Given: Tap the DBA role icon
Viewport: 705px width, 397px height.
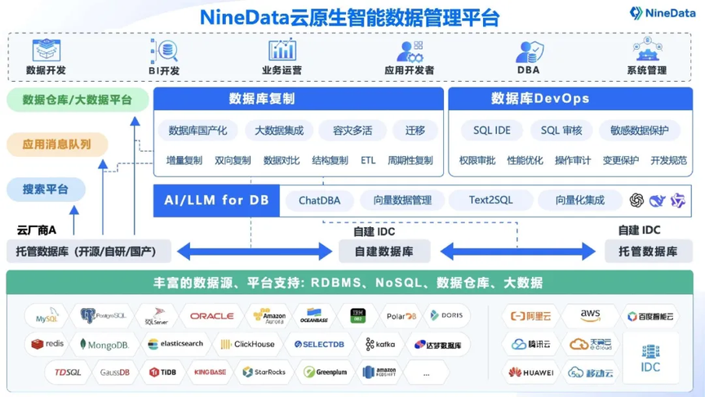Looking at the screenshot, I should pos(528,51).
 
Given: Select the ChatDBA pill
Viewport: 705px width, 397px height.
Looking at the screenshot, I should pos(319,200).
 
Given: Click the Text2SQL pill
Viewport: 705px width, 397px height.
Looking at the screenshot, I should pos(491,200).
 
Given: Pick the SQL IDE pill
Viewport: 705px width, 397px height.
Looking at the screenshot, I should pos(491,130).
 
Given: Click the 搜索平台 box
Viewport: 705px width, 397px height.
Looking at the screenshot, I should pos(47,190).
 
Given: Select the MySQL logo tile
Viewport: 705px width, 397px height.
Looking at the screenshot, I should pos(46,316).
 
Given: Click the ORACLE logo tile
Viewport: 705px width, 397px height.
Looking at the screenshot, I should pos(211,316).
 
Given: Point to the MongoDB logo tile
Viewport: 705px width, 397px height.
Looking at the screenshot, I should pos(104,345).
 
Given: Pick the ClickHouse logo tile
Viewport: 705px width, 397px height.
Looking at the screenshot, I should pos(248,345).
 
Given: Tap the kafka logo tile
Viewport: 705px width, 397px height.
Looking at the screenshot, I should pos(380,345).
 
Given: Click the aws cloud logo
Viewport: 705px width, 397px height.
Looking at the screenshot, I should pos(590,316).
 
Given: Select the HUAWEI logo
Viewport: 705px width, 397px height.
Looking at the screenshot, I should pos(531,372).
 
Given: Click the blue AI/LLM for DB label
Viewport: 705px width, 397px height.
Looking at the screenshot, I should pos(216,200).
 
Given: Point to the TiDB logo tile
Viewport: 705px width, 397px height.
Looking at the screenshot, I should pos(162,372).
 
